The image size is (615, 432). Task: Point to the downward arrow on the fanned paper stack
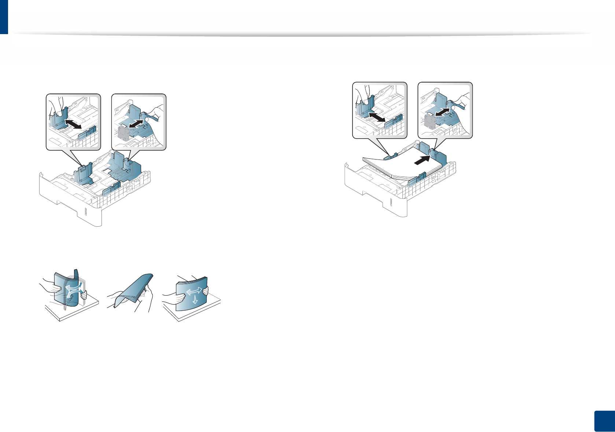[195, 300]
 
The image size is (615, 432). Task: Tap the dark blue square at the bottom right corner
[604, 421]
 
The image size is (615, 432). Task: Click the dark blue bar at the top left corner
[4, 17]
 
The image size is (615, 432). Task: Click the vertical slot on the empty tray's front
[85, 212]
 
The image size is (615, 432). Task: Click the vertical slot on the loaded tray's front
[391, 202]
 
